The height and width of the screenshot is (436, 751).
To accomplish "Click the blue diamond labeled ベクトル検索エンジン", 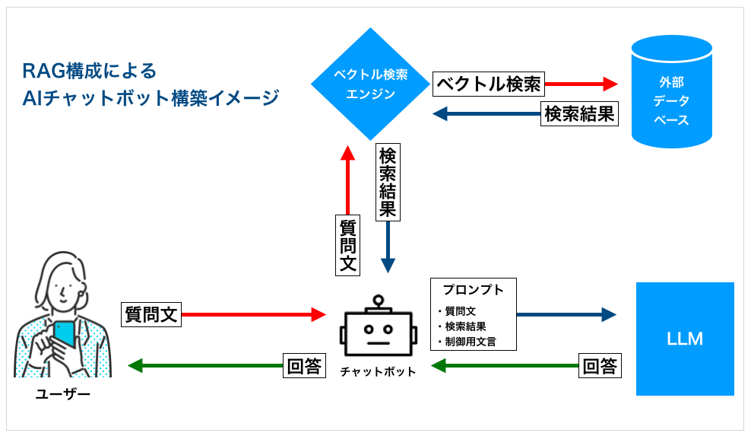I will pyautogui.click(x=371, y=84).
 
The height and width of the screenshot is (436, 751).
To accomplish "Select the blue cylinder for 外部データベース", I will pyautogui.click(x=671, y=91).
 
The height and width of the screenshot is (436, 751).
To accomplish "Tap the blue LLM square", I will pyautogui.click(x=684, y=339).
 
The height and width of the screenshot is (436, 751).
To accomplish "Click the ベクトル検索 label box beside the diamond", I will pyautogui.click(x=488, y=84).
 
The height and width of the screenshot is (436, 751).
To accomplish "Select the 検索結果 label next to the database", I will pyautogui.click(x=579, y=114).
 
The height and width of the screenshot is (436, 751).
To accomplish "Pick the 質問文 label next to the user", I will pyautogui.click(x=151, y=313).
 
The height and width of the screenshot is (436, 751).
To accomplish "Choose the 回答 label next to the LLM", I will pyautogui.click(x=600, y=365).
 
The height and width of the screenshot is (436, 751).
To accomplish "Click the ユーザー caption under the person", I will pyautogui.click(x=63, y=393).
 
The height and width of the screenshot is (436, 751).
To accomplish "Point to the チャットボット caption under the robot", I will pyautogui.click(x=378, y=371).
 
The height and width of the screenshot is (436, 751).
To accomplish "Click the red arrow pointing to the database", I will pyautogui.click(x=581, y=84).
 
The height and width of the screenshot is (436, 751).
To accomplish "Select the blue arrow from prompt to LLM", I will pyautogui.click(x=566, y=313).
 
